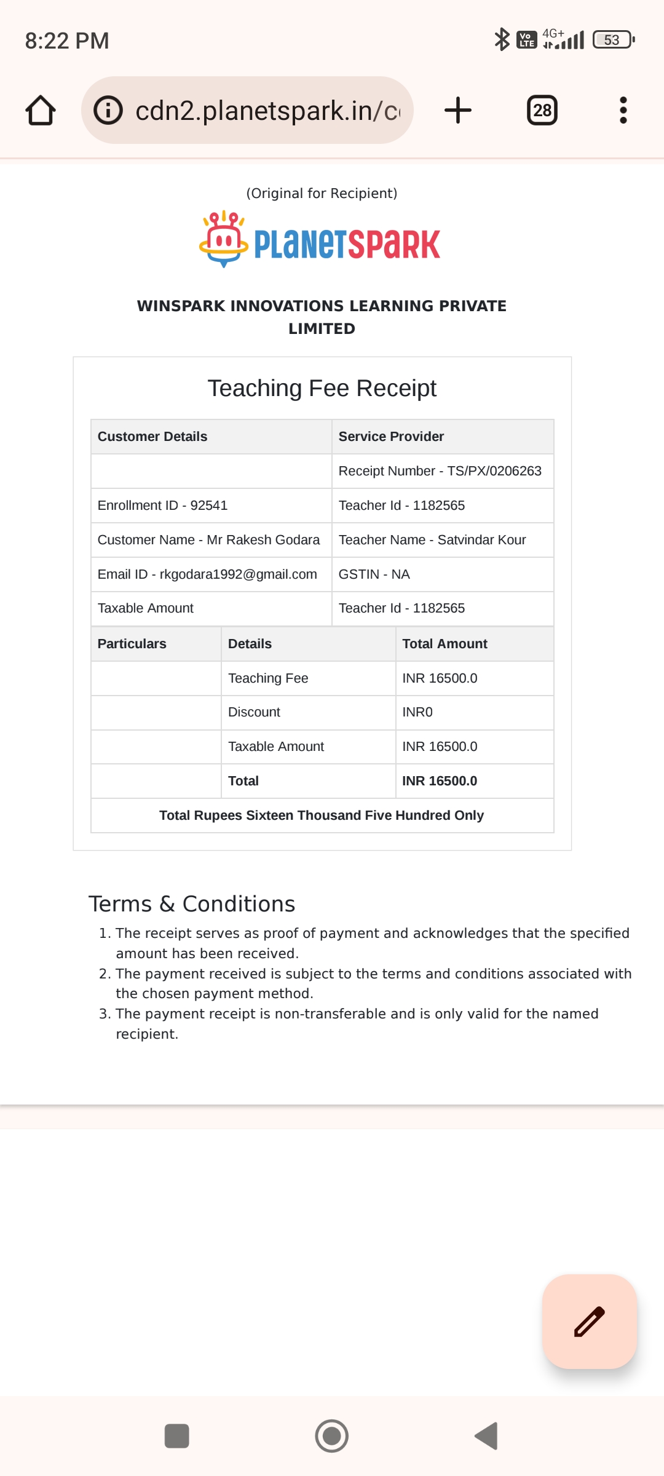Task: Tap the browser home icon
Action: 41,111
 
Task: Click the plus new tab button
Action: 458,111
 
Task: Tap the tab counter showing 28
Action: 542,111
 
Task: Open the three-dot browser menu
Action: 623,111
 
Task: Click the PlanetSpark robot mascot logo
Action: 223,239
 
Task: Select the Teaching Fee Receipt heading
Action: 322,389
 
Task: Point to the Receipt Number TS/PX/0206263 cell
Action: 440,471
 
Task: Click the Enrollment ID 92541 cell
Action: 162,506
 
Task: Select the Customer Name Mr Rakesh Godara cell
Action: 208,540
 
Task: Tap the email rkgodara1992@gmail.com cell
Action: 207,574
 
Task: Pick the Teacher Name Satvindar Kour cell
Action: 432,540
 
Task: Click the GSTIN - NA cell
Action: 374,574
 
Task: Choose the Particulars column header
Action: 132,644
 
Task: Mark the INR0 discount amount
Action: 417,712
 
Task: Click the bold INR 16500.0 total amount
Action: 440,781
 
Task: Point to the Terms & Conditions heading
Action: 192,904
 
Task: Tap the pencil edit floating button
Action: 589,1322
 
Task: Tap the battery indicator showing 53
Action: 612,40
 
